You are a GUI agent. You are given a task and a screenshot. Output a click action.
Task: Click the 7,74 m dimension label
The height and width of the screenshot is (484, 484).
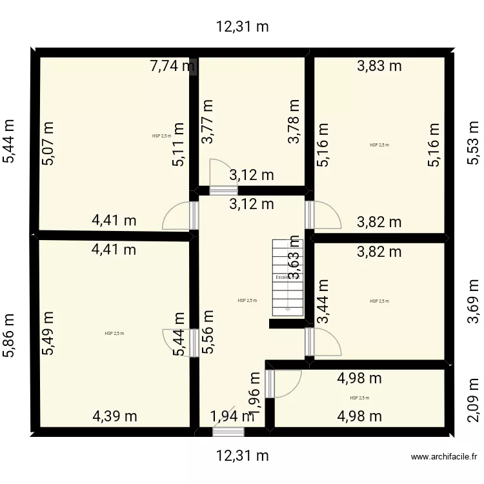coord(171,65)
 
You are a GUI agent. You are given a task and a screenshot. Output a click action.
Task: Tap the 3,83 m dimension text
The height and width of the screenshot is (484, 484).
coord(379,65)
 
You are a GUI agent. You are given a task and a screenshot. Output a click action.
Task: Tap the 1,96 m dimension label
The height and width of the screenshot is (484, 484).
coord(256,394)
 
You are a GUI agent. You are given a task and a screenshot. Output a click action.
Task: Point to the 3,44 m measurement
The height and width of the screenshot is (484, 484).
coord(322,300)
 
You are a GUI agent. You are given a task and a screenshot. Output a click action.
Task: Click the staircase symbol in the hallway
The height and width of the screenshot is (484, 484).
coord(288,277)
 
